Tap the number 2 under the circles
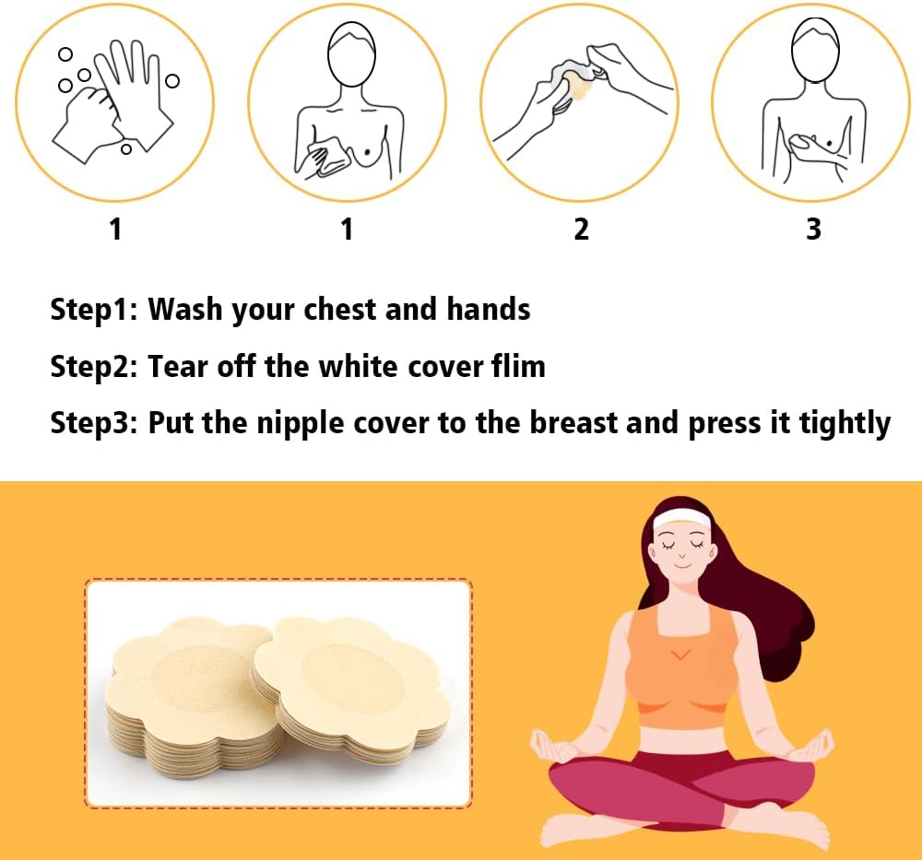(581, 229)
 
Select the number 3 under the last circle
(813, 229)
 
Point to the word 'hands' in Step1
(488, 309)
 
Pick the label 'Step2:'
(93, 367)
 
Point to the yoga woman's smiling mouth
(682, 565)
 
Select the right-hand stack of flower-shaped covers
(351, 688)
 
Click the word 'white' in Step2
(358, 366)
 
